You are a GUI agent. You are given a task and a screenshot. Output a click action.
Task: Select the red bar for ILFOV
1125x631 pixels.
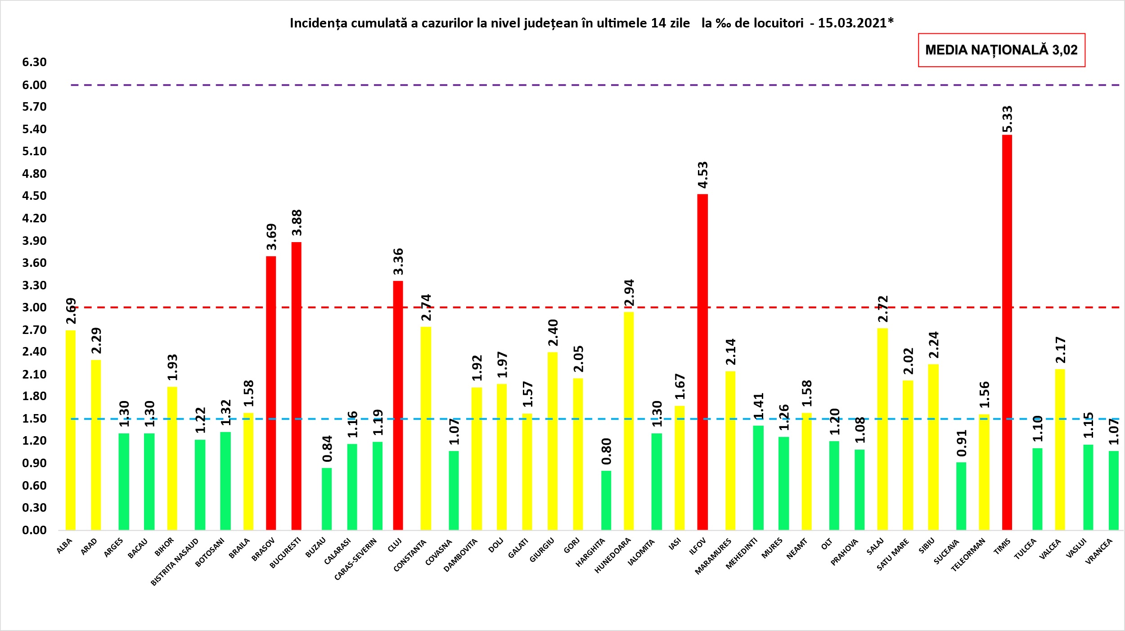pos(702,362)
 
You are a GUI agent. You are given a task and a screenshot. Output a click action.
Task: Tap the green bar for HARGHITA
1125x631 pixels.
pos(606,500)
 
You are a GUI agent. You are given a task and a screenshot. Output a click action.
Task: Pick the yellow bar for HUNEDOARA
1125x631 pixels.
pos(629,421)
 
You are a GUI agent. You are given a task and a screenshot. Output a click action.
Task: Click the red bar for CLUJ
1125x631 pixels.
pos(398,405)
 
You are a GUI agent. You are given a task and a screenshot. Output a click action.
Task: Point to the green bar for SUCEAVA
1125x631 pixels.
pos(961,496)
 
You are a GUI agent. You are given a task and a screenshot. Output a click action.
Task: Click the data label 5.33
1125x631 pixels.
pos(1007,119)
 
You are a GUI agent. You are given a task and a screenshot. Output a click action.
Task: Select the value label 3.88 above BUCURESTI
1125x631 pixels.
pos(297,223)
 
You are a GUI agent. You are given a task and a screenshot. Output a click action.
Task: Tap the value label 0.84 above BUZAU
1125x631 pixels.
pos(327,449)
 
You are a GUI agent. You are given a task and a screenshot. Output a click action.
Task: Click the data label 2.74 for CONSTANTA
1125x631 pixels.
pos(426,307)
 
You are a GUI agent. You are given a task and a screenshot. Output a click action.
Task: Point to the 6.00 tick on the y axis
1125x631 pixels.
pos(34,85)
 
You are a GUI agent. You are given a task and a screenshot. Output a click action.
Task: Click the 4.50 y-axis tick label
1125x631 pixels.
pos(34,196)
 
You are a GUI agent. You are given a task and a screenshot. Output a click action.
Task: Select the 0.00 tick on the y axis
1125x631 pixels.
pos(34,530)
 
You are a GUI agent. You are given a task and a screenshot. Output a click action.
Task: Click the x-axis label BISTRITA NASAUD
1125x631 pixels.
pos(175,562)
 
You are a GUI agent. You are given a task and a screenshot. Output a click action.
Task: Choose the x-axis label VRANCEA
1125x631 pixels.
pos(1099,551)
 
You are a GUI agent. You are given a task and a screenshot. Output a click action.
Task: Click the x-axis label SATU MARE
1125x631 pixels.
pos(893,554)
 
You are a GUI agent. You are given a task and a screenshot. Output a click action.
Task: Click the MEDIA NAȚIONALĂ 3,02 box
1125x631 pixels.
pos(1001,50)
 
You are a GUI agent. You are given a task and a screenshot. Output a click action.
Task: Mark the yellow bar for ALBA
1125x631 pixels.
pos(71,430)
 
